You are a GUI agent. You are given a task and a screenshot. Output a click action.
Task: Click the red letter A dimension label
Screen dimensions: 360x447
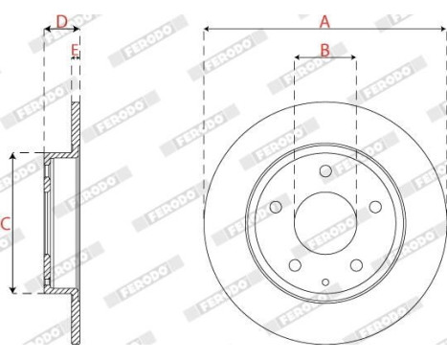[x=324, y=19]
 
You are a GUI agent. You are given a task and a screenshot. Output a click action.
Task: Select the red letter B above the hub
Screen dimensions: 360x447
[x=324, y=49]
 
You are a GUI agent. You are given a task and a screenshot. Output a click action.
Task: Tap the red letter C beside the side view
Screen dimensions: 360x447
[x=5, y=224]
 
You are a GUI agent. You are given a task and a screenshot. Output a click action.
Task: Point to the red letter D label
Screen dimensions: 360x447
[x=61, y=19]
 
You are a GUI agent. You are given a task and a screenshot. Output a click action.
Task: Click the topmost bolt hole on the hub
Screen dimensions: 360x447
[x=325, y=170]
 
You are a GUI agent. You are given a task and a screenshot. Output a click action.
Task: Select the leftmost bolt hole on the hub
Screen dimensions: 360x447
[x=278, y=206]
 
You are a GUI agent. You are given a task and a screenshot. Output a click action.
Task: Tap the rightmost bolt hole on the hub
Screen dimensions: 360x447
[x=373, y=206]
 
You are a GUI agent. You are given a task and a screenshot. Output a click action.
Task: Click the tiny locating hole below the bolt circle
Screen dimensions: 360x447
[x=325, y=281]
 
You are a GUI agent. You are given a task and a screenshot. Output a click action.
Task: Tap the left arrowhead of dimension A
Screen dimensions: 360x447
[x=208, y=30]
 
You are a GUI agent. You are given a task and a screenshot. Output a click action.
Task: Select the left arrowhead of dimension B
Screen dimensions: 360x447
[x=297, y=58]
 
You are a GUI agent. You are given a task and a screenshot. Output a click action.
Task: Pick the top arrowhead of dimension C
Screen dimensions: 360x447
[x=12, y=156]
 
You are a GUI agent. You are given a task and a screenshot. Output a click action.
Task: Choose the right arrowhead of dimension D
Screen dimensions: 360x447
[x=79, y=30]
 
